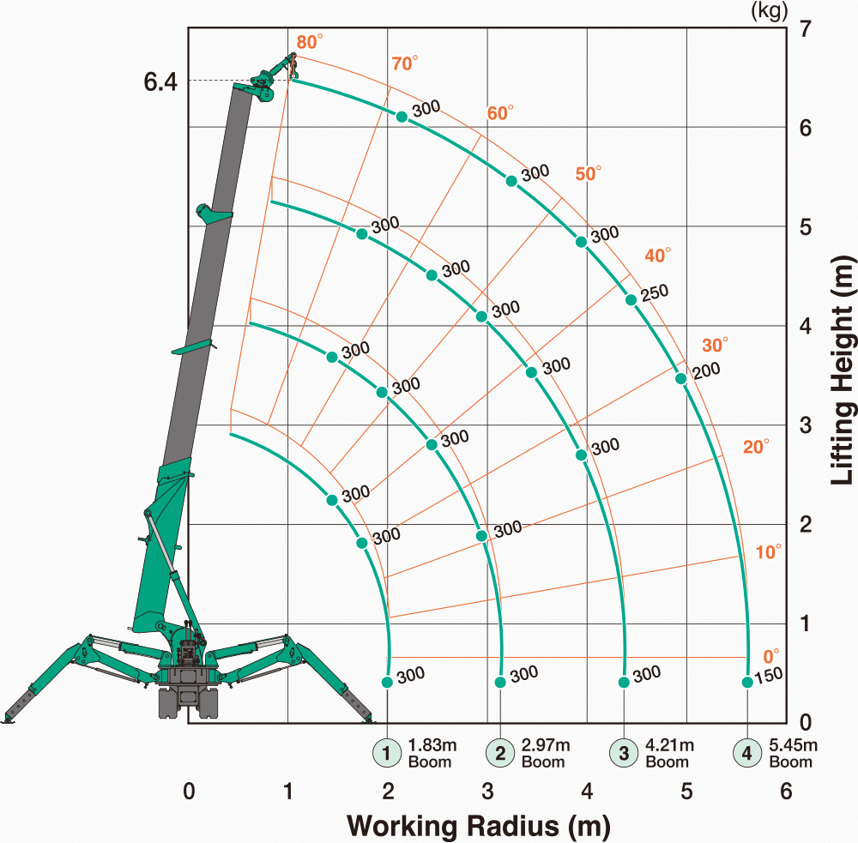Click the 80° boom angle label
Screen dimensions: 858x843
click(x=310, y=41)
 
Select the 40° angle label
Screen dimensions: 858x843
click(x=658, y=255)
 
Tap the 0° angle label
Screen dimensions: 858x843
click(x=771, y=656)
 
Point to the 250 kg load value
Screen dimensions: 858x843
click(x=655, y=292)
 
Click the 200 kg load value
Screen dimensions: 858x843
click(x=706, y=370)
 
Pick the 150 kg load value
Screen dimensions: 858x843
click(x=768, y=676)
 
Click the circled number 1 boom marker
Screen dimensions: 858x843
click(x=387, y=753)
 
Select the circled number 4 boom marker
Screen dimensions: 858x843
click(x=747, y=753)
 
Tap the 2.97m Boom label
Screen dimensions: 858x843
click(x=546, y=753)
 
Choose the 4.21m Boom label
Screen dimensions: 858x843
click(x=670, y=753)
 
